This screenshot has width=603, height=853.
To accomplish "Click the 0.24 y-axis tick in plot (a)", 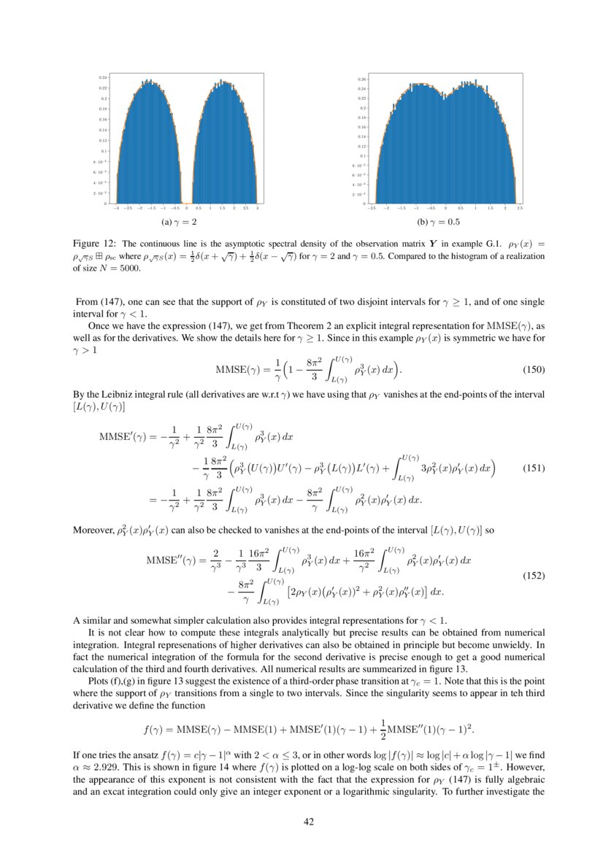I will point(104,77).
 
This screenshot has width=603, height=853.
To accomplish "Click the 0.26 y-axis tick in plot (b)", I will point(361,80).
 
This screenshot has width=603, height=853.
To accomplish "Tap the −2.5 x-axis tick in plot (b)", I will point(372,208).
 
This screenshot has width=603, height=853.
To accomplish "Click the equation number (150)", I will point(534,369).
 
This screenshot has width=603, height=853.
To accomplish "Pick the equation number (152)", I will point(534,576).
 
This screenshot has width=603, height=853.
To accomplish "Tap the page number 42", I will point(308,822).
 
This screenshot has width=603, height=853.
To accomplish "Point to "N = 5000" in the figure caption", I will point(117,269).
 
